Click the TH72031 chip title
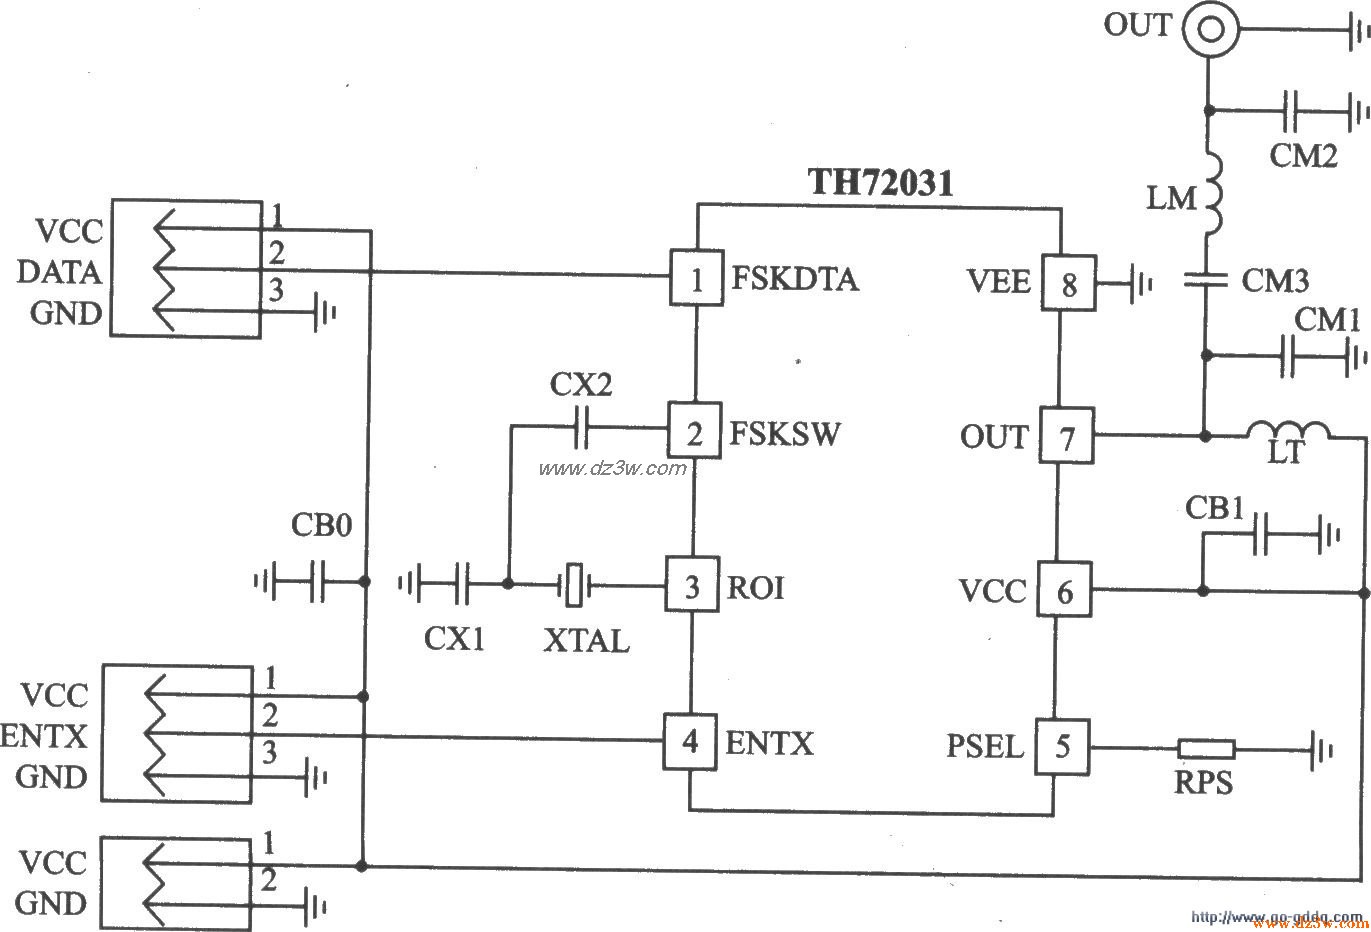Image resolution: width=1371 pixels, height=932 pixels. click(880, 182)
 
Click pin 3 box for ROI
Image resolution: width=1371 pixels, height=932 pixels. click(692, 586)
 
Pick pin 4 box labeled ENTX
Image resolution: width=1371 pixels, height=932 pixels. click(690, 742)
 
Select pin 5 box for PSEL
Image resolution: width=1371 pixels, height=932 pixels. click(1061, 746)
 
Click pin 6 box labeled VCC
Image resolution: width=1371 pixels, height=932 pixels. click(1064, 592)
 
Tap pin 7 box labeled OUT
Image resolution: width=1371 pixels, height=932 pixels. click(1067, 436)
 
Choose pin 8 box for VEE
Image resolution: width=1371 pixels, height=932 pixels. click(1069, 284)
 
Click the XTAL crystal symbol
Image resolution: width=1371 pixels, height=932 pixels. click(573, 585)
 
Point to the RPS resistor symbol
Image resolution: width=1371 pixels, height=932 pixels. click(1205, 748)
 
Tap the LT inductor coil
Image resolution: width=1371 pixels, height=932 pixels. click(1288, 431)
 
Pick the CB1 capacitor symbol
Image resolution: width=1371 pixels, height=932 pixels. click(1261, 535)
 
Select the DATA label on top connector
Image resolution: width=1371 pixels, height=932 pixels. click(59, 272)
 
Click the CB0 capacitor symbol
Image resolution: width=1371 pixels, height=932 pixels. click(317, 581)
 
